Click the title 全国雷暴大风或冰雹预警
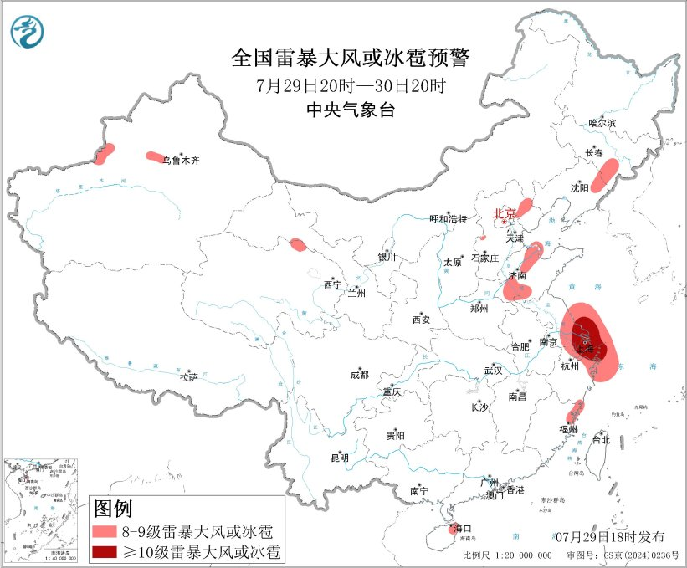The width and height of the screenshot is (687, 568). (351, 58)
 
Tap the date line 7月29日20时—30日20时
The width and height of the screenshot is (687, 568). (351, 85)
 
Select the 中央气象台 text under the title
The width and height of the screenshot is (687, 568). (351, 110)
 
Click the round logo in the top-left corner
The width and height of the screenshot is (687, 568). (28, 31)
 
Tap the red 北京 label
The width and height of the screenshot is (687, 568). (505, 213)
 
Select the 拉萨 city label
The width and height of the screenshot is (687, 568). (188, 377)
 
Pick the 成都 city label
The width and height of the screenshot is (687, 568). (360, 376)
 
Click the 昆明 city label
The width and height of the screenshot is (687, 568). (339, 458)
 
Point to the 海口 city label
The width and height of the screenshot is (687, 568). (462, 529)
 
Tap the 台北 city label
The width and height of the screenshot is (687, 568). (601, 439)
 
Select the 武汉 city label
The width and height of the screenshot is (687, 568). (493, 370)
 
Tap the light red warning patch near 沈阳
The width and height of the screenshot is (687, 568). (604, 175)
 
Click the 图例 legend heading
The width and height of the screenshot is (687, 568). (113, 508)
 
